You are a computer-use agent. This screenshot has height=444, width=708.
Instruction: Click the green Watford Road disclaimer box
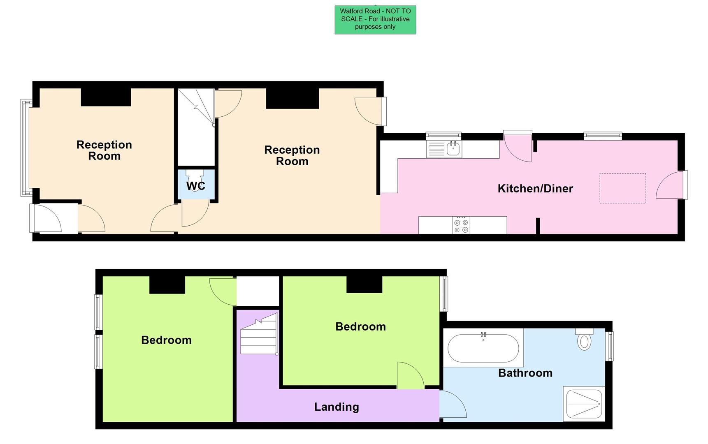click(375, 20)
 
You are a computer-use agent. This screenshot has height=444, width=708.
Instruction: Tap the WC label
click(196, 186)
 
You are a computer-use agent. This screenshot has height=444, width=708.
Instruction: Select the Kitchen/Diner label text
click(535, 189)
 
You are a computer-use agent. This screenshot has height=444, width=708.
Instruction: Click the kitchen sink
click(445, 149)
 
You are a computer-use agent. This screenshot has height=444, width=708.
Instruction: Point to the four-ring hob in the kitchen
click(461, 226)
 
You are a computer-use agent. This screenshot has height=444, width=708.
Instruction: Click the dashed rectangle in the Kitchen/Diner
click(622, 188)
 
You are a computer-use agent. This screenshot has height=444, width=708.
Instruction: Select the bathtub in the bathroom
click(483, 348)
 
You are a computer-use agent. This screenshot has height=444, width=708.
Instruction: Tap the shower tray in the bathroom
click(584, 403)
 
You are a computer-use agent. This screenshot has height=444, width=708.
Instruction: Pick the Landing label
click(337, 407)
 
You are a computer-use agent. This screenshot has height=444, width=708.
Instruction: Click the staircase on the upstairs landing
click(259, 335)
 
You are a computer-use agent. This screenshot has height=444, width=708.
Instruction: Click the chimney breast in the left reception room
click(106, 97)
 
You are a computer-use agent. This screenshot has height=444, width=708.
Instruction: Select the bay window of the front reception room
click(26, 148)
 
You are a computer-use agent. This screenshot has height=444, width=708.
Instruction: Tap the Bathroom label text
click(525, 373)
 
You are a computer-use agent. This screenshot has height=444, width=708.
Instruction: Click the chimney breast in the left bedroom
click(167, 284)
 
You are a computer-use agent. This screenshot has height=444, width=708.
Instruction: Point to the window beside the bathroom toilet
click(611, 346)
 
